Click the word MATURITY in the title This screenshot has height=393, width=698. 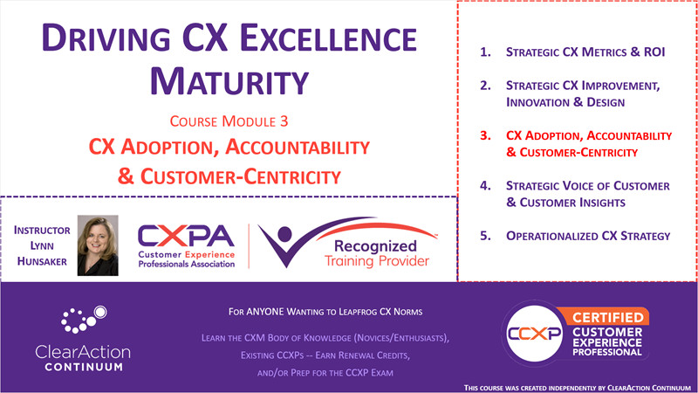coord(228,80)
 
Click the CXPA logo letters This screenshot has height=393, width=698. coord(187,235)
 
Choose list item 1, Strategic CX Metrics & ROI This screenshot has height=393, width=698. coord(585,52)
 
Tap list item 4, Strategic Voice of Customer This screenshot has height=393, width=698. coord(586,193)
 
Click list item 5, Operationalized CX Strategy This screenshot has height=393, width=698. coord(587,236)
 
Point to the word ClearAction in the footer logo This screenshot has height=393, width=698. coord(84,350)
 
